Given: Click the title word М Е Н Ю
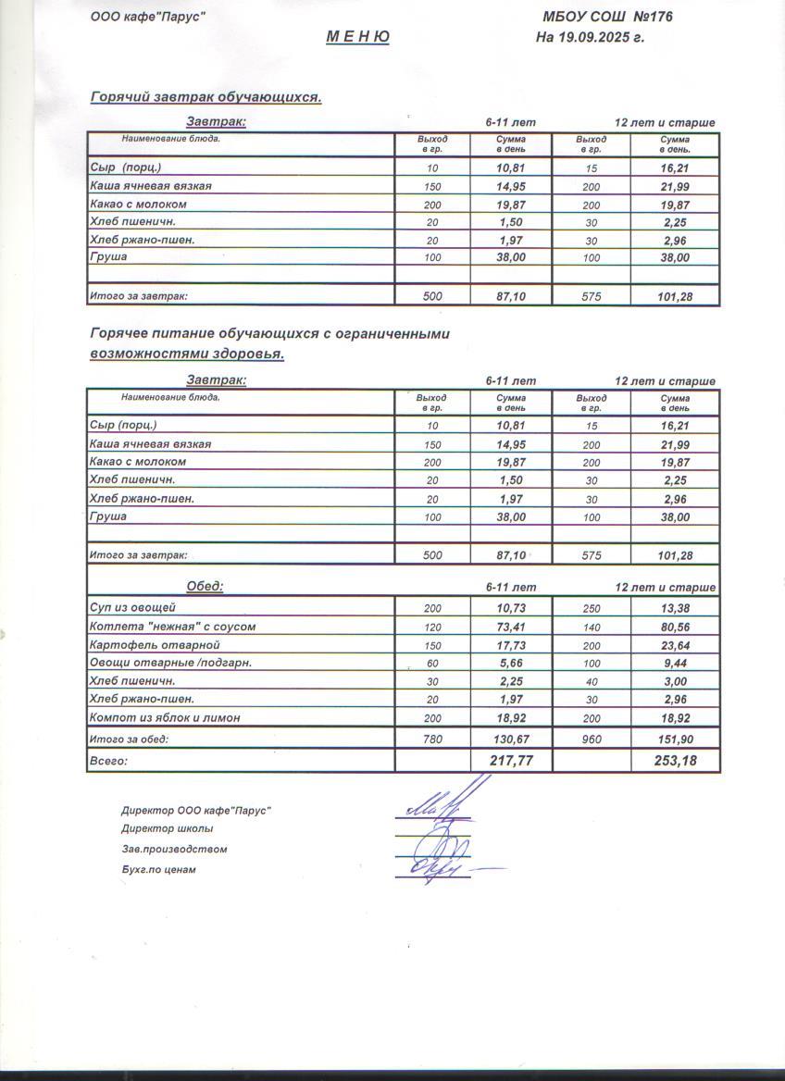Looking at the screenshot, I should click(357, 37).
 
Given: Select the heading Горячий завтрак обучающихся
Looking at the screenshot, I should click(206, 96).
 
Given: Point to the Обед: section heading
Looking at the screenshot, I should click(205, 587).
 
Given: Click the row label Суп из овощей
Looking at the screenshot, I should click(132, 608).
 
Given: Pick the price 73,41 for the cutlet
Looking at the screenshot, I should click(511, 627).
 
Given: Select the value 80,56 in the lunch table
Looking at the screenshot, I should click(674, 627).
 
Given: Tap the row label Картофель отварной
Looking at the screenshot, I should click(146, 644).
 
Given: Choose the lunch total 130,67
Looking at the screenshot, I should click(511, 739).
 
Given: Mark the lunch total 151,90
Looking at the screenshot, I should click(674, 739).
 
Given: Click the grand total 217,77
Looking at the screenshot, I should click(511, 761).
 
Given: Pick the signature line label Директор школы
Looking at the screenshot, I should click(167, 828).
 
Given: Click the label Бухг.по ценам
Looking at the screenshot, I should click(158, 870).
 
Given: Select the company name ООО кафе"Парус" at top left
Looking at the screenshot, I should click(147, 17).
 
